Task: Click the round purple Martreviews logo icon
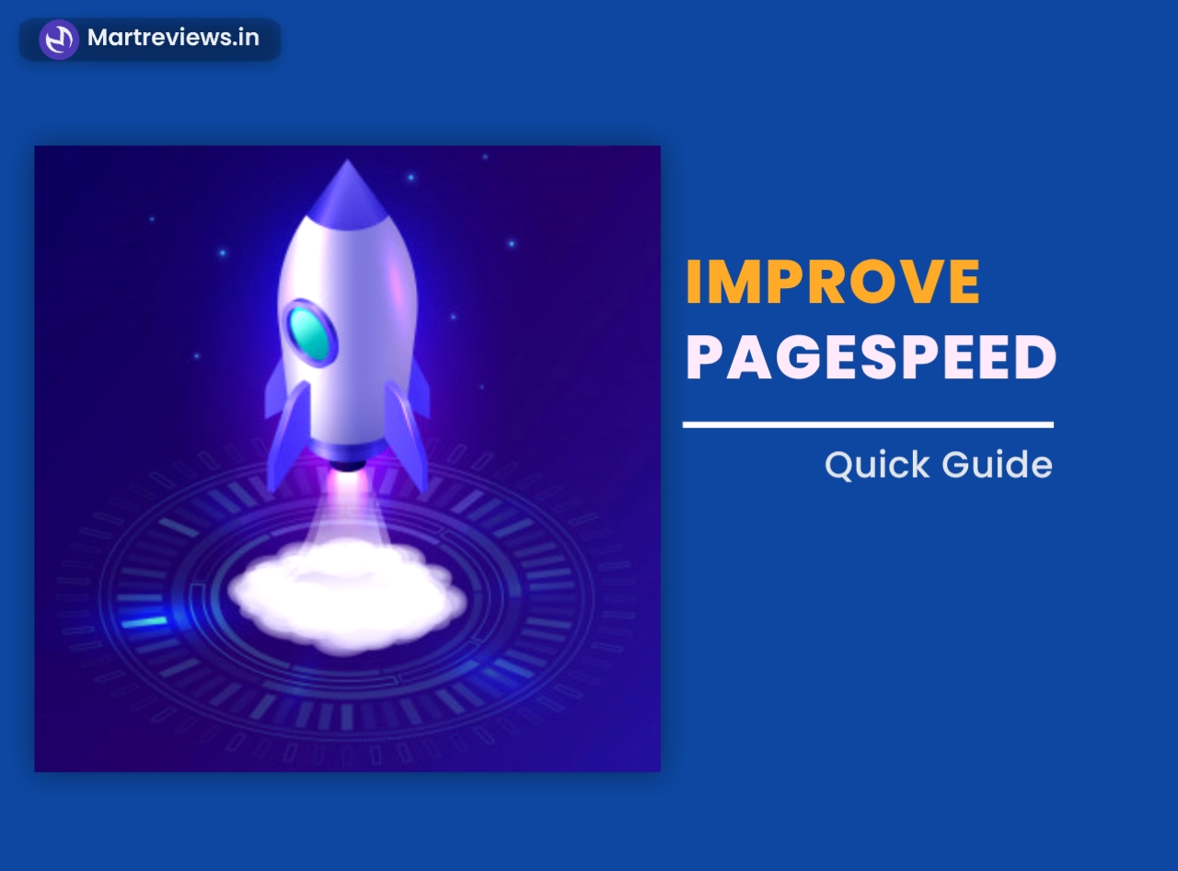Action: click(59, 40)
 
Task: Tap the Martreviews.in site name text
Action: click(173, 39)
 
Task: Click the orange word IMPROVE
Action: click(833, 283)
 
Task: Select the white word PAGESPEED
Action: click(871, 359)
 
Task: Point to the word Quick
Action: click(877, 465)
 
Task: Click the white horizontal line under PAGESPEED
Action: click(868, 424)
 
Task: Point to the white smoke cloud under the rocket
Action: click(347, 594)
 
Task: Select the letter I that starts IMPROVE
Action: click(694, 283)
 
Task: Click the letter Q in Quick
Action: click(840, 465)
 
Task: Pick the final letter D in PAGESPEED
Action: click(1036, 359)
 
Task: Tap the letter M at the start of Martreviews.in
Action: click(98, 39)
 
